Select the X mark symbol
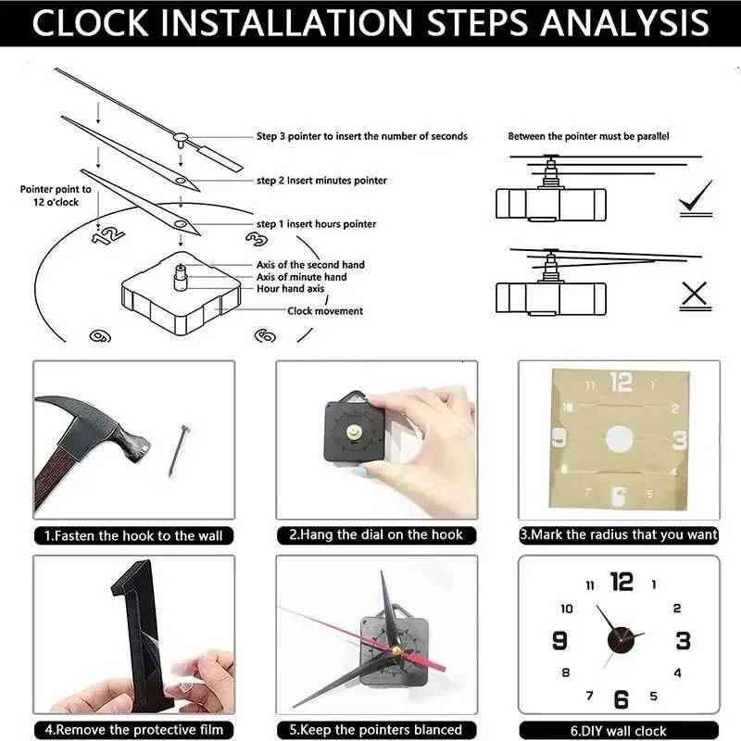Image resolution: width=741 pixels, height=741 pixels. (x=694, y=295)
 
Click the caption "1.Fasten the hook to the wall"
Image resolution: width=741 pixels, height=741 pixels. (x=133, y=535)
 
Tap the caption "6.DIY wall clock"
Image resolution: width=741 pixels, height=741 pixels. (x=618, y=731)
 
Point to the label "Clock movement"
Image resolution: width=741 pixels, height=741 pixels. (x=325, y=311)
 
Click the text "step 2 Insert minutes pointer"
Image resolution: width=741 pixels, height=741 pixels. (x=321, y=181)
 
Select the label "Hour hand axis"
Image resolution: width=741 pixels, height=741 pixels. (x=290, y=289)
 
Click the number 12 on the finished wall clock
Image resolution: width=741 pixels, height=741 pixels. (x=622, y=582)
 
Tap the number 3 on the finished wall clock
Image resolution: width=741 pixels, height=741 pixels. (x=683, y=640)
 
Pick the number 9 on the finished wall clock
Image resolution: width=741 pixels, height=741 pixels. (x=559, y=640)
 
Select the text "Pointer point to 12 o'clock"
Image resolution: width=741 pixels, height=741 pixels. (x=56, y=195)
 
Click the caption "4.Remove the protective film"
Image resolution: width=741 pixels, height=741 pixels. (x=133, y=730)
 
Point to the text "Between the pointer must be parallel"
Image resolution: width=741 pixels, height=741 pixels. (x=588, y=136)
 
